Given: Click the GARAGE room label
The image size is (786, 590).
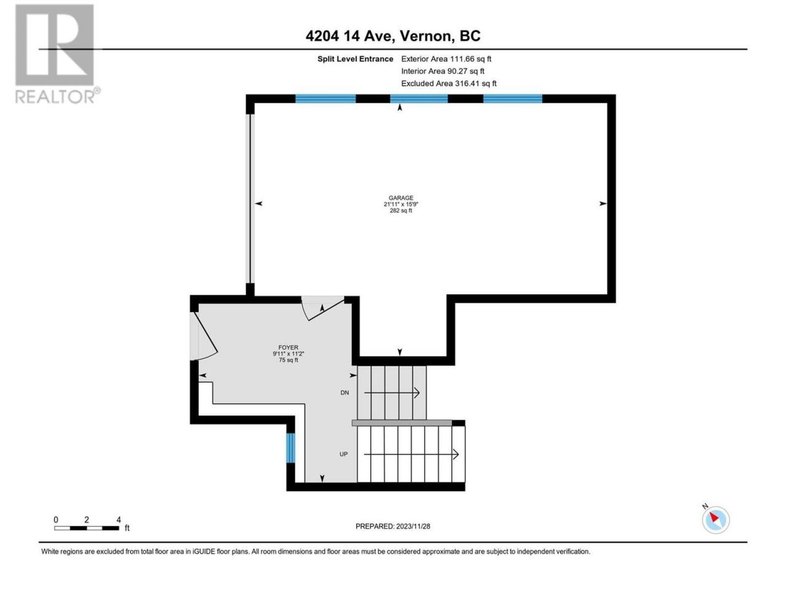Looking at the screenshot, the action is tap(401, 198).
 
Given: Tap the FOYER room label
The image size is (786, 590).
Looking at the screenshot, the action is tap(288, 347).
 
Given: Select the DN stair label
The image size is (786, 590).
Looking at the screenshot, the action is tap(344, 393).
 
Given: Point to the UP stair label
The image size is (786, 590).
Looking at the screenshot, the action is tap(343, 454).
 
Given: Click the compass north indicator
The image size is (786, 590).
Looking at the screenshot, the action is tap(715, 519).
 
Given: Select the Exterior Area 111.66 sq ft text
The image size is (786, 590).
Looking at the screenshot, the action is tap(446, 59).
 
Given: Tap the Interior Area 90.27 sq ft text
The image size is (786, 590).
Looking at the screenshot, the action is tap(443, 71).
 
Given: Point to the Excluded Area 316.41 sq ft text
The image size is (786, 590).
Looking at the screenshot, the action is tap(449, 83).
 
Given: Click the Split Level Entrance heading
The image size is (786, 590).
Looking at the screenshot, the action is tap(355, 59).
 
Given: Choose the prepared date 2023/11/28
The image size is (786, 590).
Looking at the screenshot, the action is tap(413, 526).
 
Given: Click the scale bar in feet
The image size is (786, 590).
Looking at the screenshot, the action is tap(87, 528).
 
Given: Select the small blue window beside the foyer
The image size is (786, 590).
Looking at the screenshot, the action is tap(290, 448).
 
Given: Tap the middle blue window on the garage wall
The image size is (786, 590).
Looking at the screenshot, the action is tap(419, 98).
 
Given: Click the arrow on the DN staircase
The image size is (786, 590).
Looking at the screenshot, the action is tap(392, 393).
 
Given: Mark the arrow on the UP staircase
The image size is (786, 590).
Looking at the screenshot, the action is tap(411, 454).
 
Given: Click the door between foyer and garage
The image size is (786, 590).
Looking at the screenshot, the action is tap(322, 308).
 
